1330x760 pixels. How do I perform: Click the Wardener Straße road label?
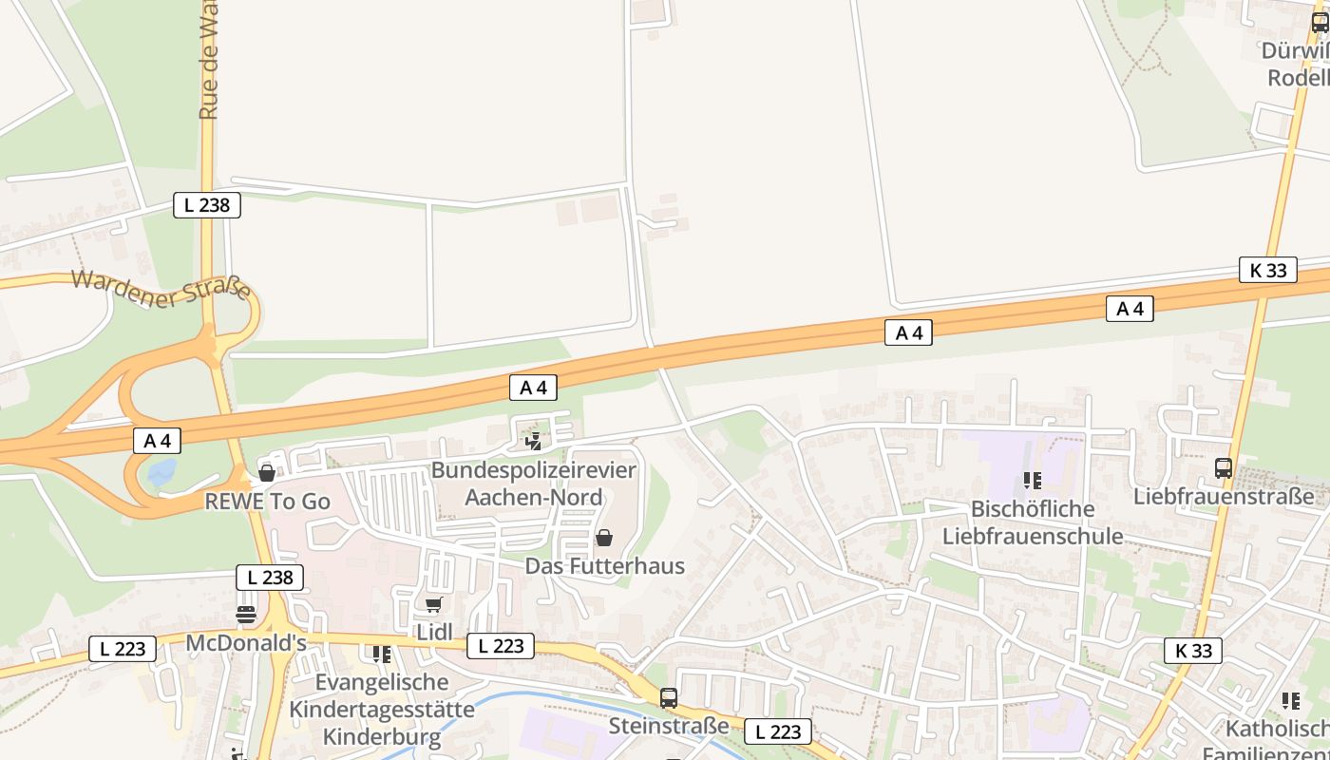(x=161, y=289)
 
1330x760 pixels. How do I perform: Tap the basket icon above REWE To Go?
(x=267, y=472)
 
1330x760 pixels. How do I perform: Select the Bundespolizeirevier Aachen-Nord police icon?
(x=534, y=441)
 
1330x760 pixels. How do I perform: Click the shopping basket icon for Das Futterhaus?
(x=603, y=539)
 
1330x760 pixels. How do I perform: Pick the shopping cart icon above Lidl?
(x=433, y=604)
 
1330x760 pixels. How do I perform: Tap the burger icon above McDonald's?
(x=246, y=615)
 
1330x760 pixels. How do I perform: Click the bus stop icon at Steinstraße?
(x=669, y=698)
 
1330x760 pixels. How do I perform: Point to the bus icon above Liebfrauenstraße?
(x=1224, y=467)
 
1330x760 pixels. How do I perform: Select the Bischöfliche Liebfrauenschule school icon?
(x=1033, y=481)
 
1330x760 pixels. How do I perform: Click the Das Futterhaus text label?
(x=605, y=566)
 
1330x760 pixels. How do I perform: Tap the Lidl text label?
(x=432, y=632)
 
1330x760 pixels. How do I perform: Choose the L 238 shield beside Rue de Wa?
(x=207, y=204)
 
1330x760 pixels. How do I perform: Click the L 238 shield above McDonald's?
(x=270, y=577)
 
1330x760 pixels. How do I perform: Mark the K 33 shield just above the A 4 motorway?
(x=1268, y=270)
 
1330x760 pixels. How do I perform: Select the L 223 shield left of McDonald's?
(x=123, y=649)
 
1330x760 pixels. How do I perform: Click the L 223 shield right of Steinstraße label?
(x=778, y=731)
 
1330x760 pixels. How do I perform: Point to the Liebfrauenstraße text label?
(x=1224, y=496)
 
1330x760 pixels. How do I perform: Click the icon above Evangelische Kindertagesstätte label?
(x=382, y=654)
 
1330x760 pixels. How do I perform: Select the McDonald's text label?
(x=246, y=643)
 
